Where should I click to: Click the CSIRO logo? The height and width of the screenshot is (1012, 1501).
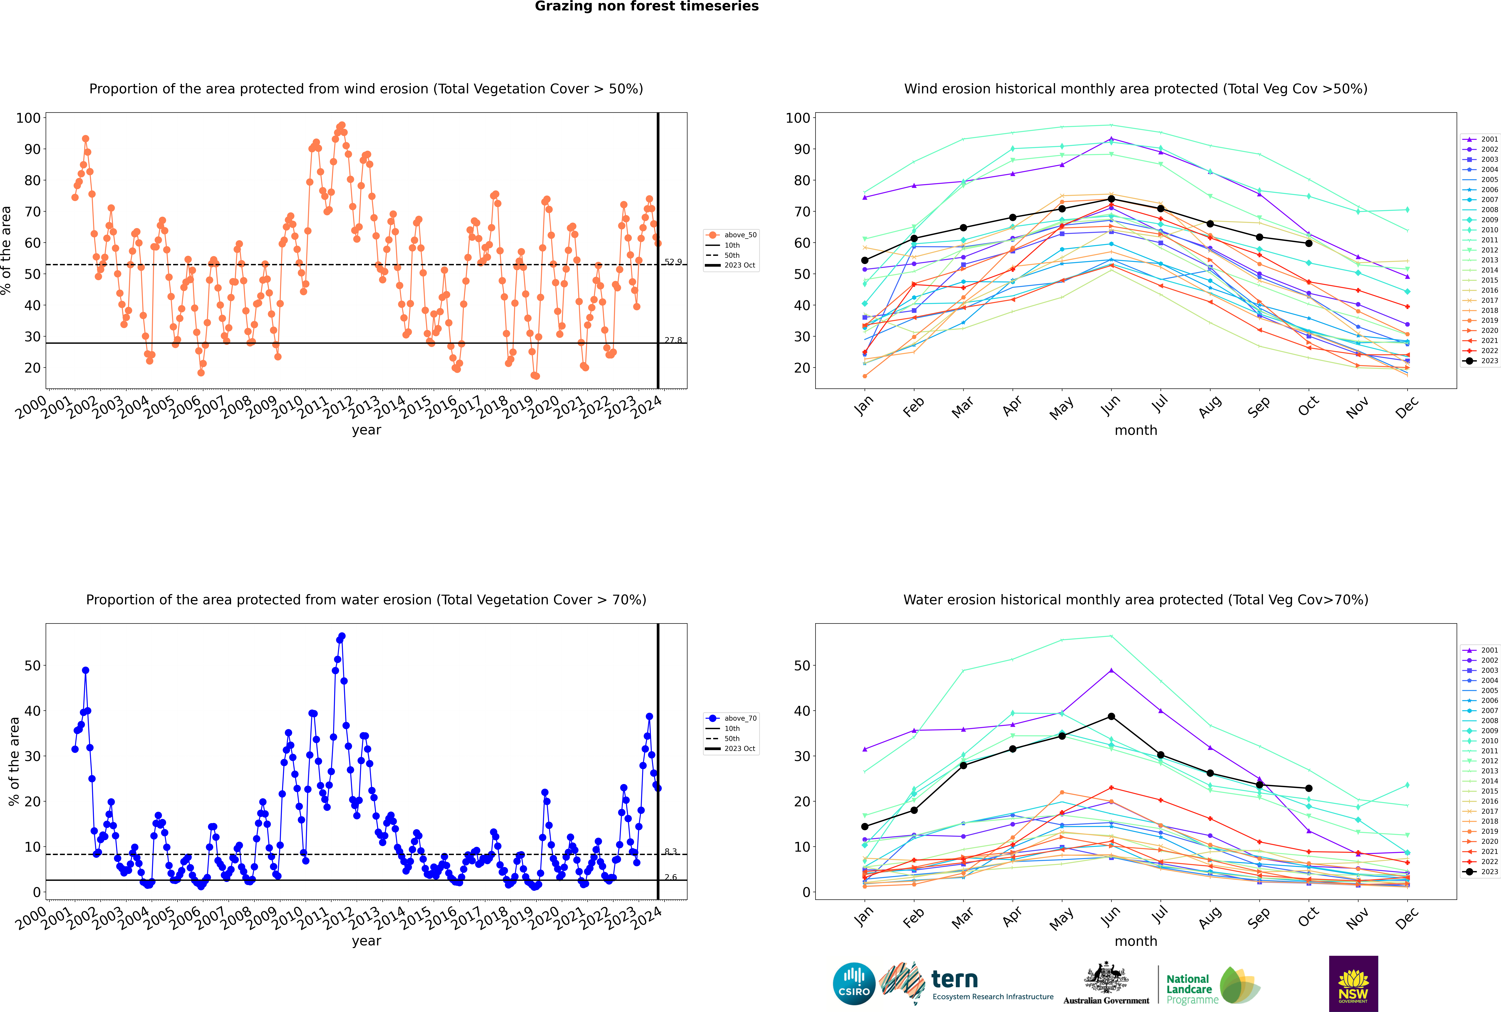pos(854,984)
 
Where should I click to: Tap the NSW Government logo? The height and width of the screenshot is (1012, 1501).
pos(1353,983)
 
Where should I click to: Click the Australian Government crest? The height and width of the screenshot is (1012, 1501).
pos(1106,978)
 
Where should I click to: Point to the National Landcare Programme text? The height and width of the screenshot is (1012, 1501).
pos(1189,989)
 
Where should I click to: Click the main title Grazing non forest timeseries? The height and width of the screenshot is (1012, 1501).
pos(647,6)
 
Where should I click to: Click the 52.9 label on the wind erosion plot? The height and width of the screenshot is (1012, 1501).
pos(673,262)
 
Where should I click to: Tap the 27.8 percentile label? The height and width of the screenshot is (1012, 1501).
pos(673,340)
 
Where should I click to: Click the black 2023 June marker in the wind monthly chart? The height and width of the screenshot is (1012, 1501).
pos(1111,199)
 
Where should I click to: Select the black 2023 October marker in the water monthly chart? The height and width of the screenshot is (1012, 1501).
pos(1309,788)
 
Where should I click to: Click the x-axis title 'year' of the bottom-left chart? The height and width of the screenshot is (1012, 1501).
pos(367,941)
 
